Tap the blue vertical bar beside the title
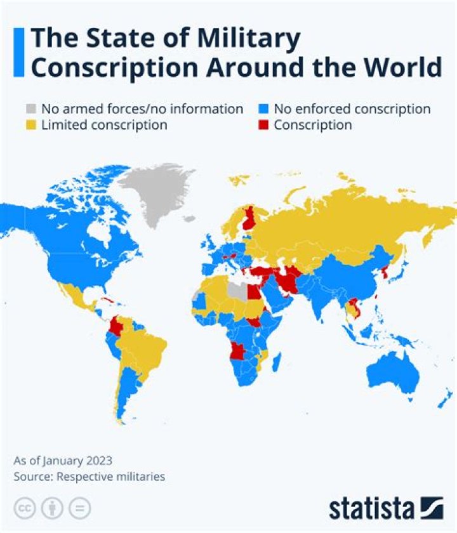18,53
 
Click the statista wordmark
371,508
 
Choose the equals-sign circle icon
79,508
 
